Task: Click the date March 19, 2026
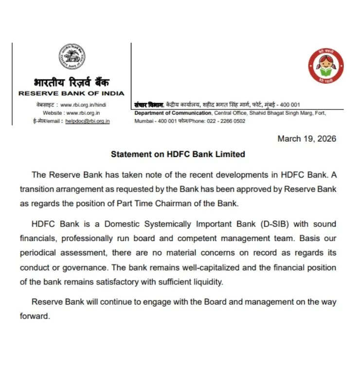pos(306,139)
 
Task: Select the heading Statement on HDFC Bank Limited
pos(178,154)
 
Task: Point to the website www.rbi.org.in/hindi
pos(83,105)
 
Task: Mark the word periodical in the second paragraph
pos(39,253)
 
